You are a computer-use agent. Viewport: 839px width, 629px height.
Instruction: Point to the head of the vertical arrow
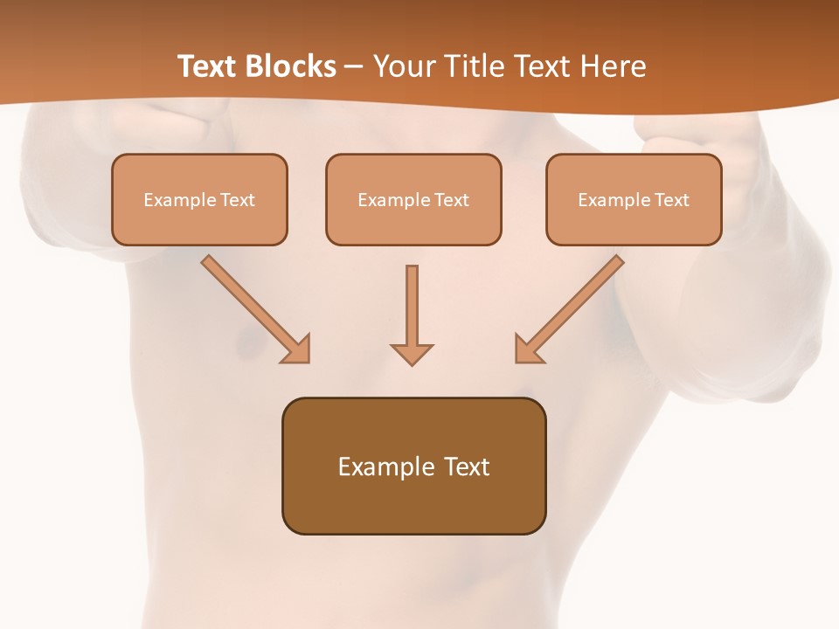(412, 354)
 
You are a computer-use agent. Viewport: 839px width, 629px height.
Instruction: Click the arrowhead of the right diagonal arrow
(528, 349)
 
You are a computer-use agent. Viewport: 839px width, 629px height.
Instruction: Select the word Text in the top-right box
(671, 200)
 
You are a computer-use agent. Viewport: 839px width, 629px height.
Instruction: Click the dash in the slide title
(354, 67)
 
